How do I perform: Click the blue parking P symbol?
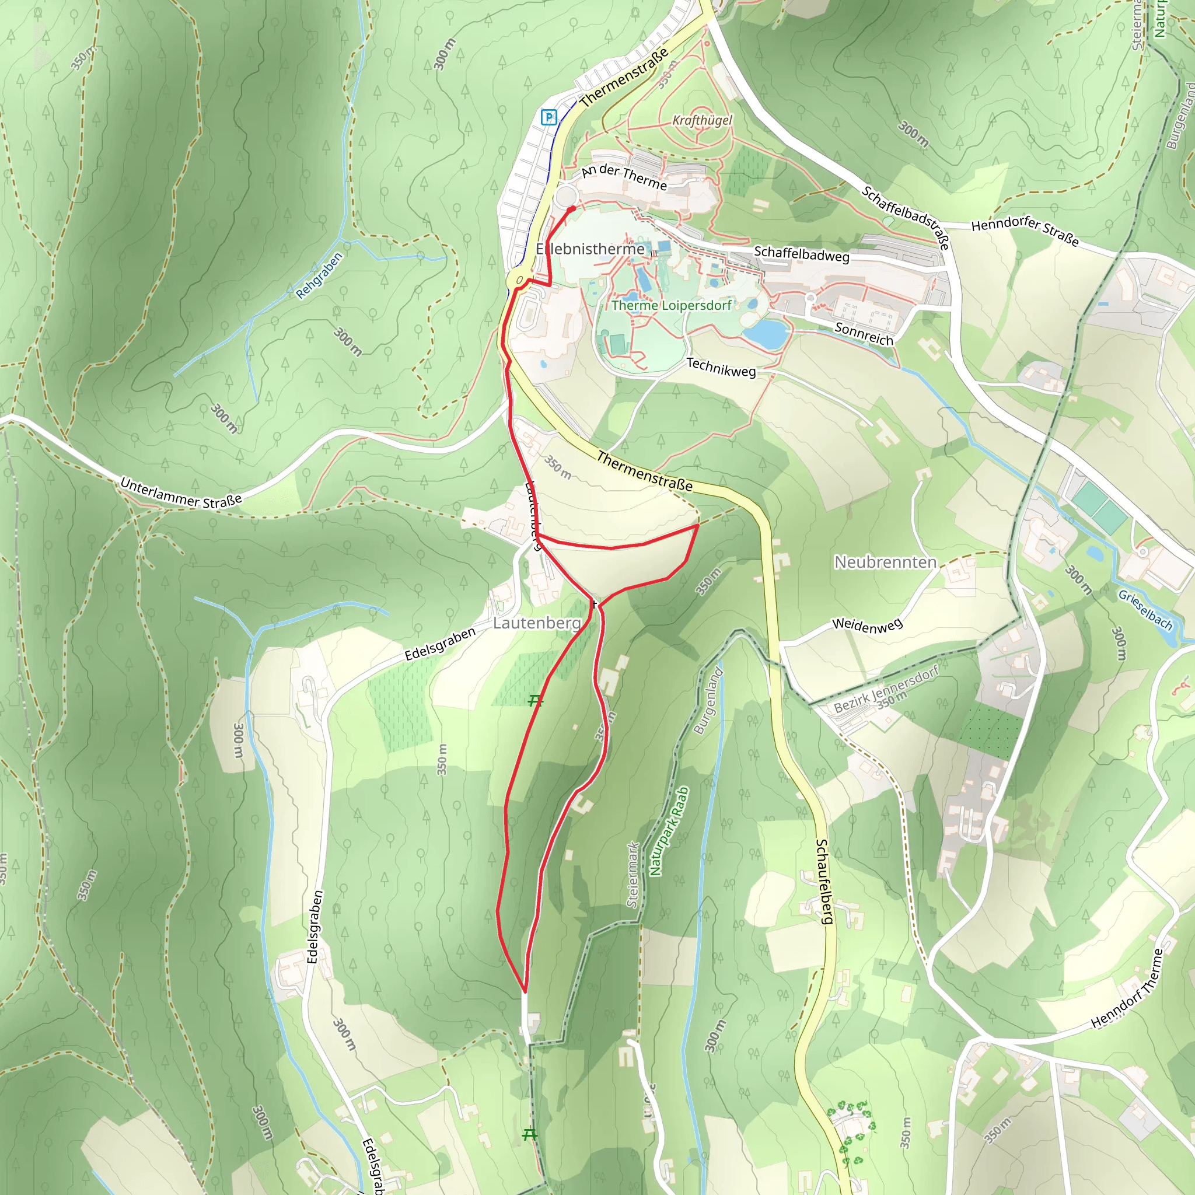[548, 117]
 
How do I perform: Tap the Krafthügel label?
[702, 120]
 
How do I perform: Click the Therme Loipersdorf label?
[671, 305]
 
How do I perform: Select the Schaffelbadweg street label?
[801, 254]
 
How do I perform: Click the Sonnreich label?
[864, 333]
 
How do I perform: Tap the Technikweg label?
[721, 368]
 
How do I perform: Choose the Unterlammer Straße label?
[181, 493]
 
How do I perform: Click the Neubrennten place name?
[885, 562]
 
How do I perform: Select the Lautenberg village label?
[536, 623]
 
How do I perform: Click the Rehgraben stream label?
[319, 275]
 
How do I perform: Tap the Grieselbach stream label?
[1145, 609]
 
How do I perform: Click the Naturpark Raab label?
[669, 831]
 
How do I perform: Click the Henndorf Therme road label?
[1126, 989]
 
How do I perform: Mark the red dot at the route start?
[571, 209]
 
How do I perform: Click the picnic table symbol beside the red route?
[536, 700]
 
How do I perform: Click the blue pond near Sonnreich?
[766, 333]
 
